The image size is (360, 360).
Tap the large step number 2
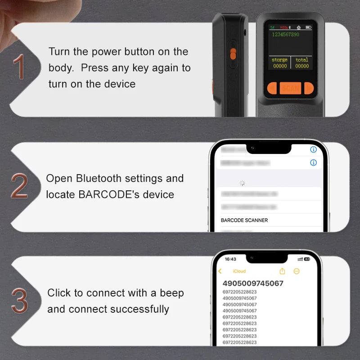[x=19, y=185]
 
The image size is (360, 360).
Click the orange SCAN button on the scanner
[x=291, y=88]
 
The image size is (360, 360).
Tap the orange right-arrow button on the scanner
[x=308, y=88]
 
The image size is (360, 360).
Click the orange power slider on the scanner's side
[x=233, y=54]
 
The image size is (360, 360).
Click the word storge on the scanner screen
[x=279, y=60]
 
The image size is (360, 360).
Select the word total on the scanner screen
[x=302, y=60]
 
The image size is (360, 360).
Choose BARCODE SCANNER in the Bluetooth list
[x=244, y=220]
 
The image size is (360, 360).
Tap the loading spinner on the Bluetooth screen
[x=243, y=183]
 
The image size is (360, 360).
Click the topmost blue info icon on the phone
[x=314, y=149]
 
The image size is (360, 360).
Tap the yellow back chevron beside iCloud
[x=220, y=271]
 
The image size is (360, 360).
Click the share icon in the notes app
[x=283, y=271]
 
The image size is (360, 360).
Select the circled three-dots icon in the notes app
[x=297, y=271]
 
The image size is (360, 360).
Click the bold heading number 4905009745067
[x=253, y=283]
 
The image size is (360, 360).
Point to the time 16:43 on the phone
[x=230, y=260]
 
